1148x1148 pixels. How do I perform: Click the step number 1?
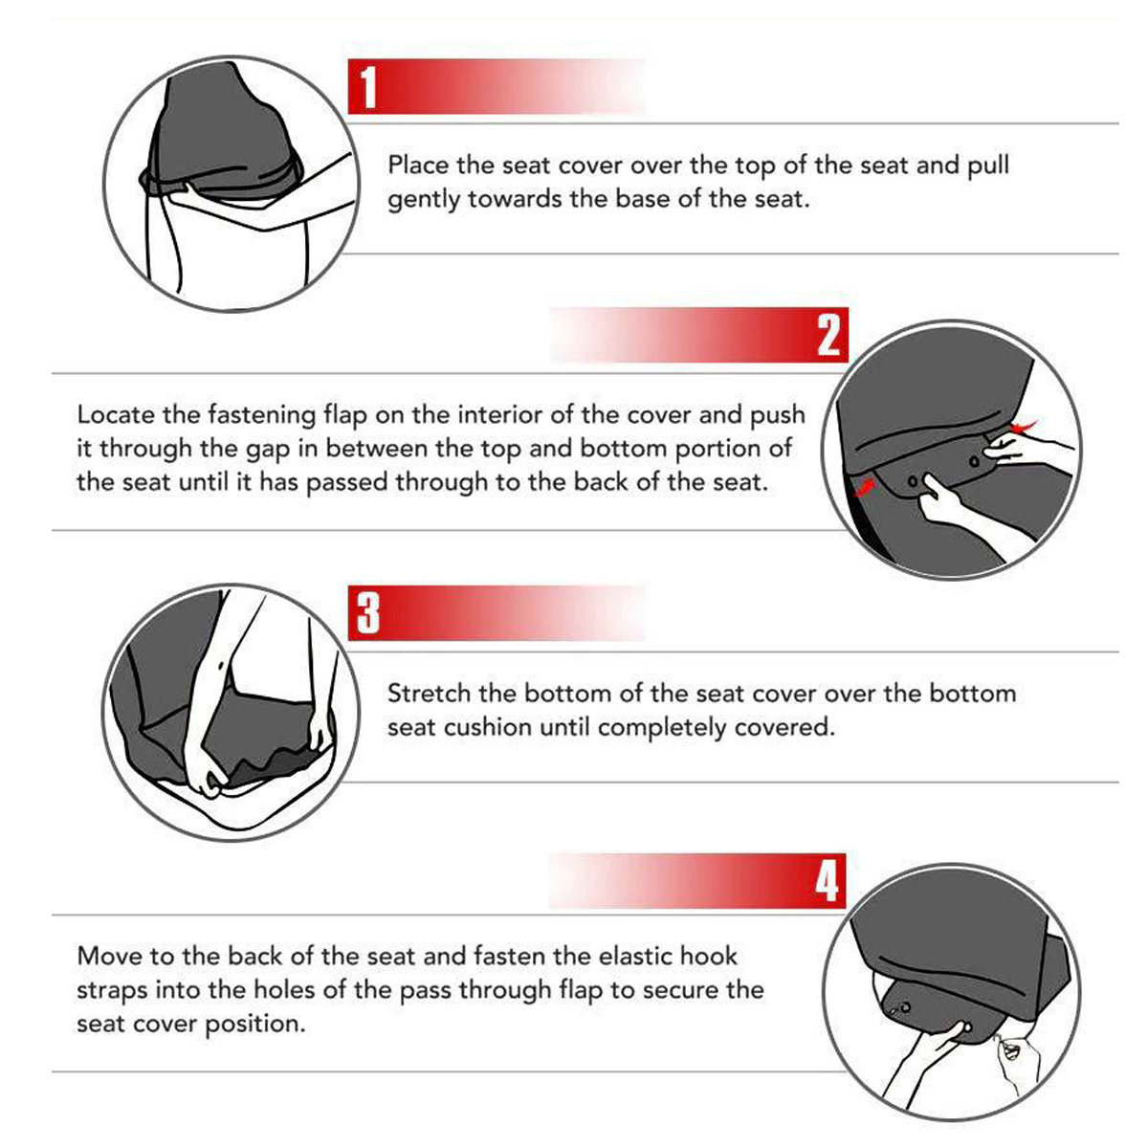368,87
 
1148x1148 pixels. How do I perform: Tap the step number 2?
828,335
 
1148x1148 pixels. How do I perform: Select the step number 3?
368,613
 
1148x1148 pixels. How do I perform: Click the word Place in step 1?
418,165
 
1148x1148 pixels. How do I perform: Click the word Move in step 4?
110,956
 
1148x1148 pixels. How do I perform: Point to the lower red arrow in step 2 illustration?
865,487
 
